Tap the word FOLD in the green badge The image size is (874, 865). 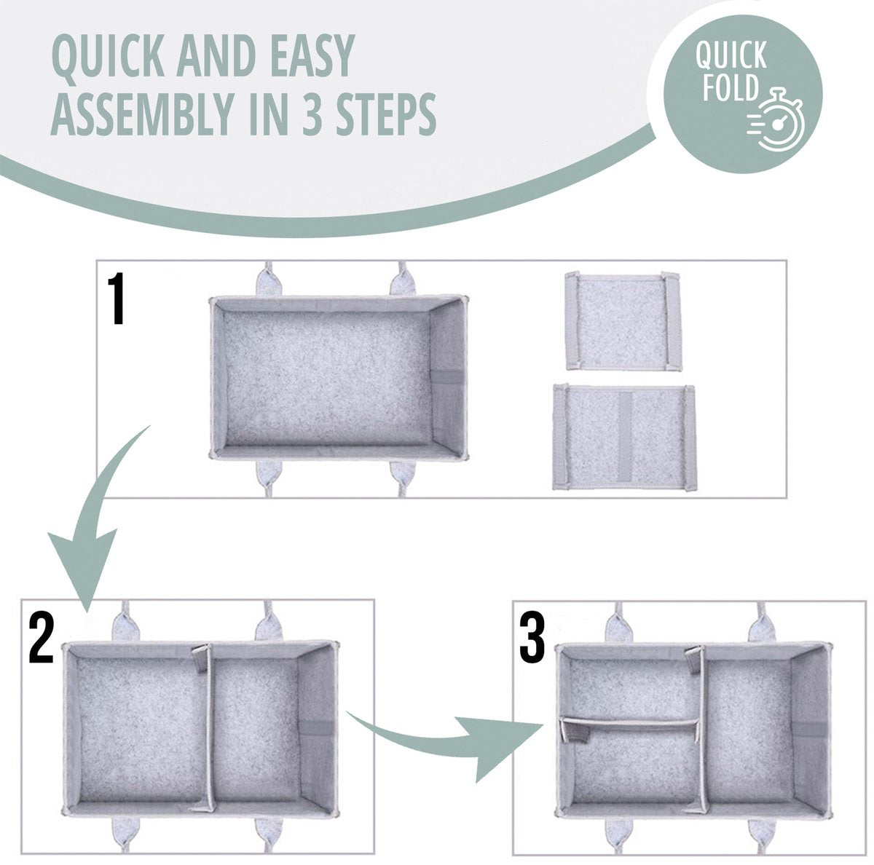click(730, 87)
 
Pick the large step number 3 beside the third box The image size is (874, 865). click(532, 639)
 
